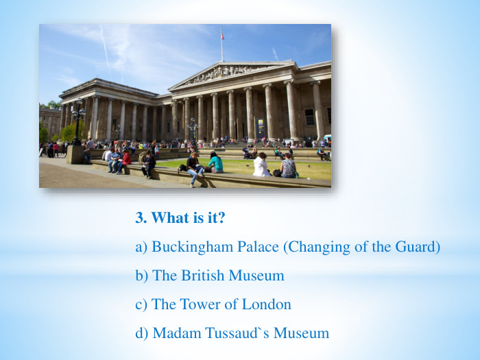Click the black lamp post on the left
tap(77, 123)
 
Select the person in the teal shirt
tap(215, 163)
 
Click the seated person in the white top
tap(261, 165)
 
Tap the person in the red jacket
tap(125, 160)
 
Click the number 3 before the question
tap(140, 218)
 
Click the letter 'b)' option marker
tap(142, 276)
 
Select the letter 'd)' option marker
tap(142, 333)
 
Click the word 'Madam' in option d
tap(174, 333)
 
